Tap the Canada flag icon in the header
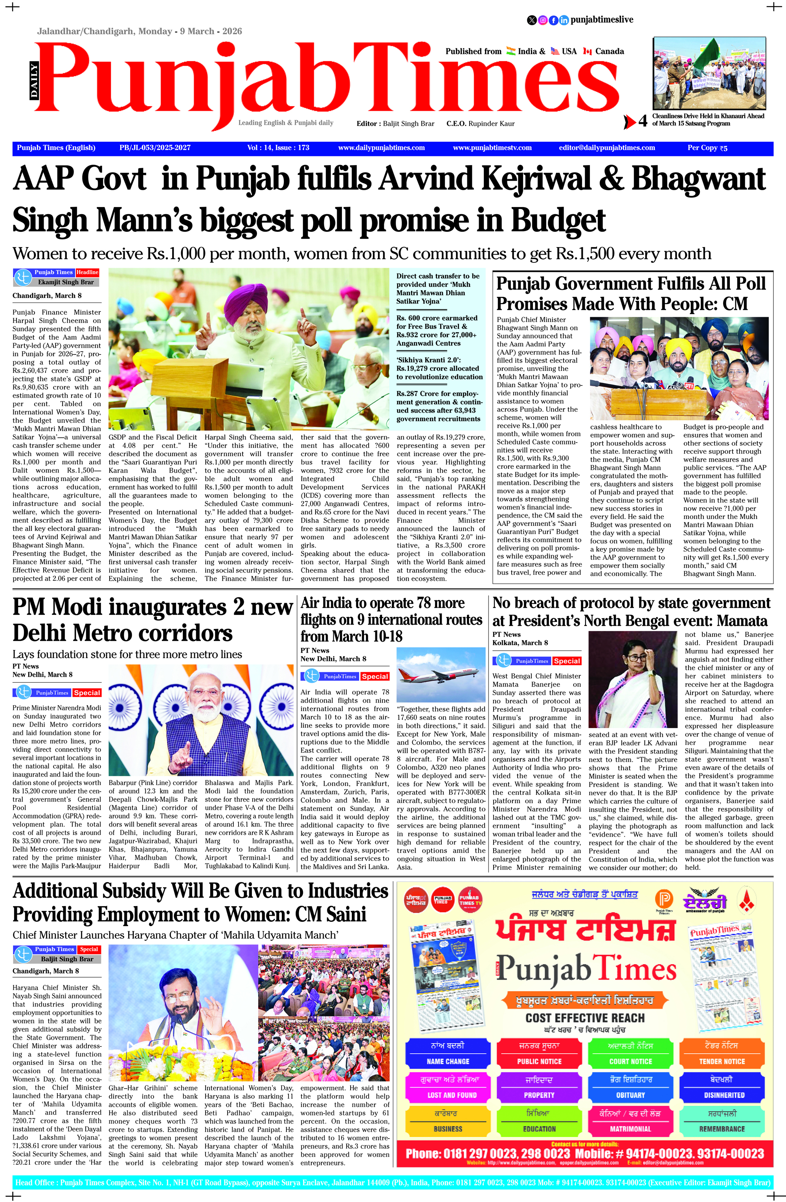tap(587, 51)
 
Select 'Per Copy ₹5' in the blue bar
tap(707, 148)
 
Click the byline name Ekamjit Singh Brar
tap(66, 282)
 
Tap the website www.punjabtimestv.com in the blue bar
tap(492, 148)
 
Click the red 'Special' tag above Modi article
tap(87, 693)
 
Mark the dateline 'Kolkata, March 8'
tap(520, 643)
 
